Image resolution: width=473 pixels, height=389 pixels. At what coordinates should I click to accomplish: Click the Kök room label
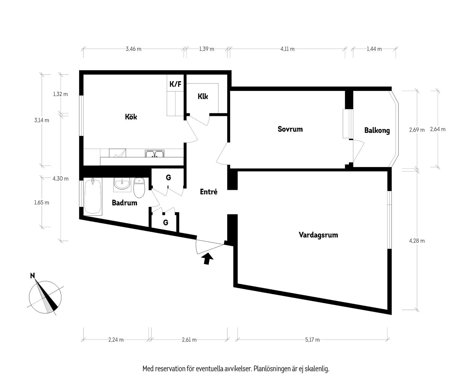(x=131, y=117)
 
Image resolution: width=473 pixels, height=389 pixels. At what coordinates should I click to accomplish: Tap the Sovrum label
(x=290, y=129)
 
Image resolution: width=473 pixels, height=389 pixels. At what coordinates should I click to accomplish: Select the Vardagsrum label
(x=318, y=235)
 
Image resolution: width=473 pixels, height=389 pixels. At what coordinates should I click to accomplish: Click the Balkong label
(x=377, y=131)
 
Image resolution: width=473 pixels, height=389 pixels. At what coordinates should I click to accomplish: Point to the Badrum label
(x=124, y=203)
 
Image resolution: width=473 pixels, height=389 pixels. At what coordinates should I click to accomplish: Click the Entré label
(x=208, y=192)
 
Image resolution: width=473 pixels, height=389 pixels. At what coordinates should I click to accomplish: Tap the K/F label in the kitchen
(x=175, y=84)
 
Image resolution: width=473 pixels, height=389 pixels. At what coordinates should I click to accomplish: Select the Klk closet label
(x=203, y=96)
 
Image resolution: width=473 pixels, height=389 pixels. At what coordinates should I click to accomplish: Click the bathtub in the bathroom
(x=93, y=196)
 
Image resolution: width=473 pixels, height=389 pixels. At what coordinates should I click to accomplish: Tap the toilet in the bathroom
(x=139, y=188)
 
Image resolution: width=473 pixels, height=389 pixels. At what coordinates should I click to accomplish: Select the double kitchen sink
(x=155, y=154)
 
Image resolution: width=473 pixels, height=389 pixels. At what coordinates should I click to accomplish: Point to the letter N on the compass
(x=33, y=276)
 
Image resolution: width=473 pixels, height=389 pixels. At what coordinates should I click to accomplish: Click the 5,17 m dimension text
(x=312, y=340)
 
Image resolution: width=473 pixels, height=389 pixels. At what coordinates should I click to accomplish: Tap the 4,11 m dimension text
(x=287, y=49)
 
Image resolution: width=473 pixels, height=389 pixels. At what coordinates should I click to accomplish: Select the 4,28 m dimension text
(x=417, y=241)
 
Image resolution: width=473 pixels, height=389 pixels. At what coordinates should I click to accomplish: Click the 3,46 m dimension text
(x=133, y=49)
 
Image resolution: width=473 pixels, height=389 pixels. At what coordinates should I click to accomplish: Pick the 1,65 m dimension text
(x=42, y=203)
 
